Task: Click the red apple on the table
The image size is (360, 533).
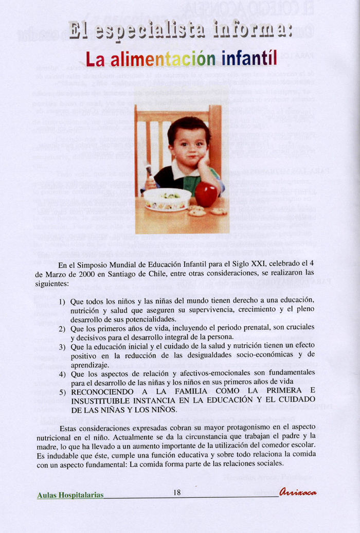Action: [206, 195]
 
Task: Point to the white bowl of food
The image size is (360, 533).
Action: [167, 198]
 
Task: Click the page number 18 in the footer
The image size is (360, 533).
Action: [177, 492]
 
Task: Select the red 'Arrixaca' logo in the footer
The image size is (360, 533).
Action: [298, 493]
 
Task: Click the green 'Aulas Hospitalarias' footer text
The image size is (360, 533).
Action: [70, 495]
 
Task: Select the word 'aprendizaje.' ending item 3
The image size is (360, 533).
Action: [91, 365]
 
